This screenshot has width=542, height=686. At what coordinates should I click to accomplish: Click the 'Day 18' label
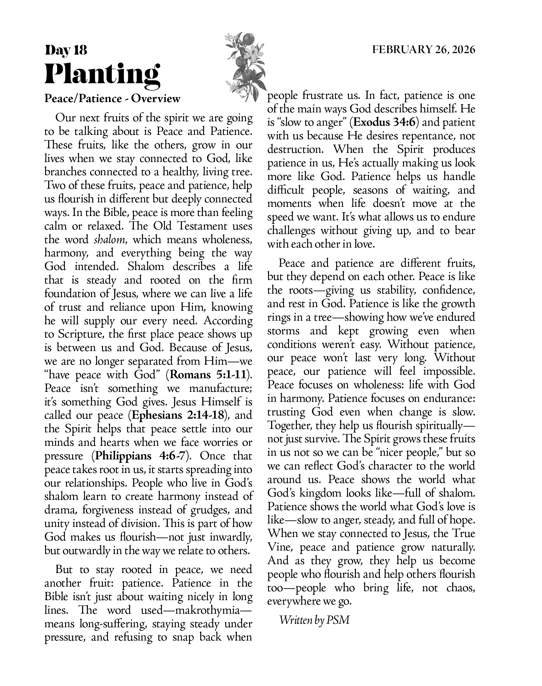[x=66, y=50]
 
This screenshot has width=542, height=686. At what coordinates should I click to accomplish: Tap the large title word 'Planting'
[x=102, y=74]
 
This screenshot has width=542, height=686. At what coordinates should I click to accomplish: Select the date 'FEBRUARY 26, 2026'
[x=424, y=50]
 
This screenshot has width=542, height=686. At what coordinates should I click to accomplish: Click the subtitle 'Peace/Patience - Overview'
[x=112, y=99]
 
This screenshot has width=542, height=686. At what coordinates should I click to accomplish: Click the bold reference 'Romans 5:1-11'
[x=208, y=375]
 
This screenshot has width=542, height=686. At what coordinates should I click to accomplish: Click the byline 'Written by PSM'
[x=314, y=620]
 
